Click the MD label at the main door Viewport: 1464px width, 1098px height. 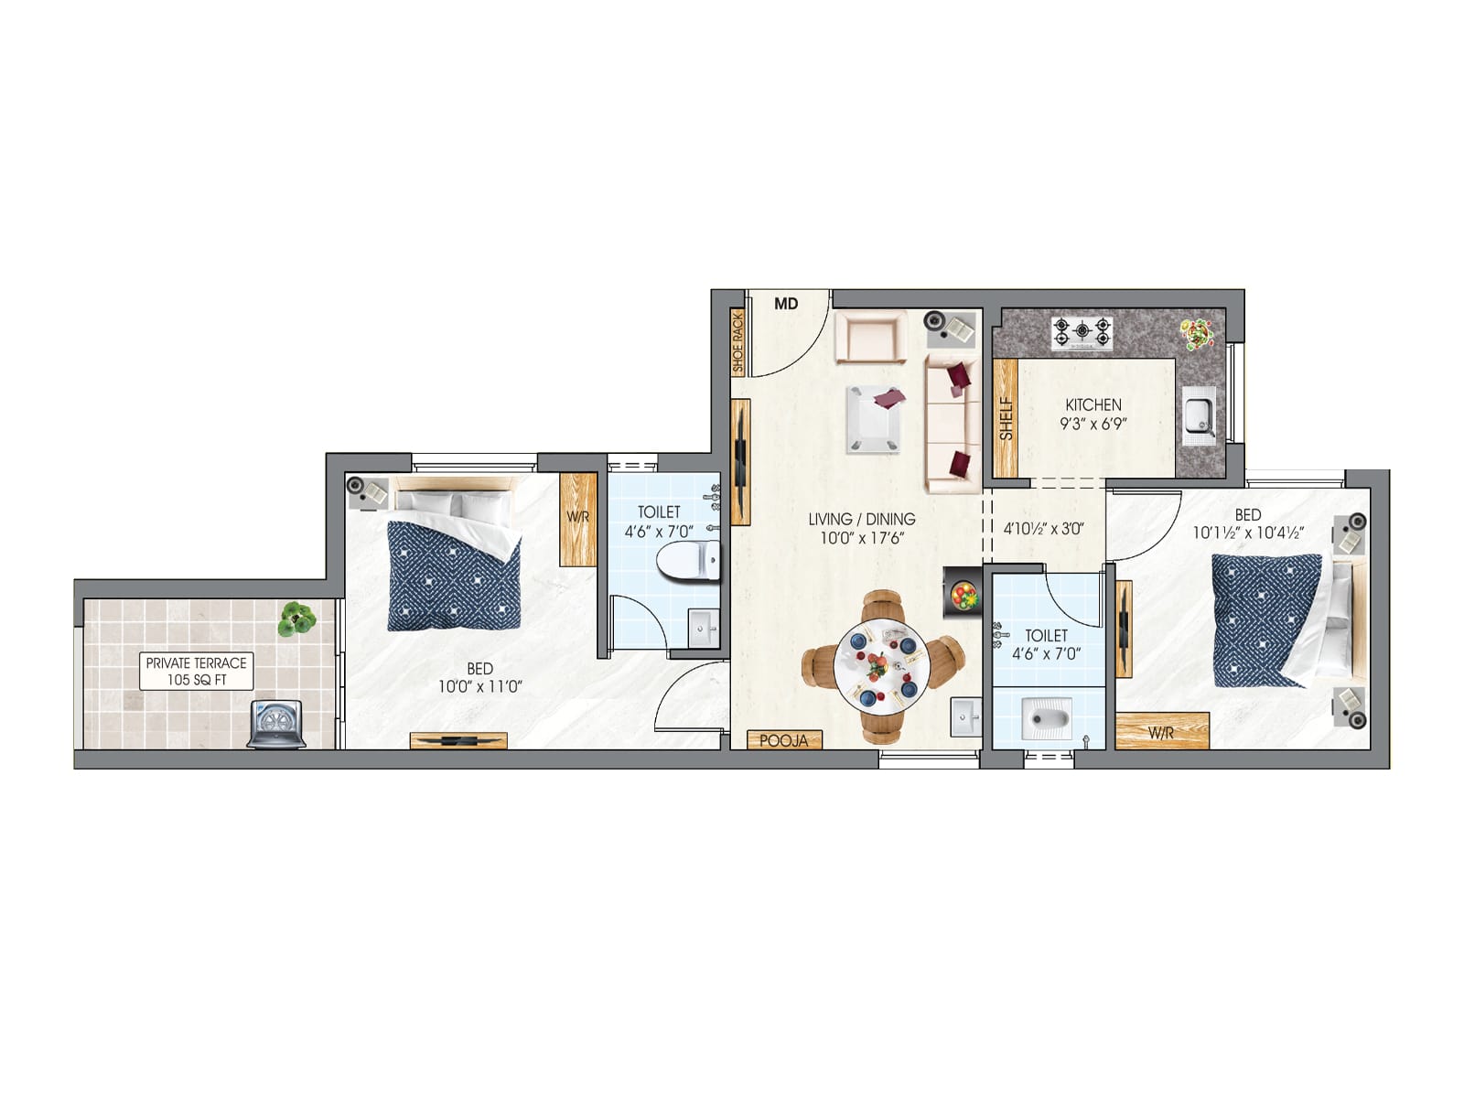tap(786, 304)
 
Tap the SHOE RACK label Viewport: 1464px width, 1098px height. tap(738, 343)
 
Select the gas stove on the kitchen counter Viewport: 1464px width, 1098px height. tap(1082, 333)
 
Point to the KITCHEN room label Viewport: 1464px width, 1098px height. tap(1093, 404)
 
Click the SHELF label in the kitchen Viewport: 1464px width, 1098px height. tap(1006, 418)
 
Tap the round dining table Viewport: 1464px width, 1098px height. tap(881, 667)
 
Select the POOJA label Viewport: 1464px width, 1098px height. tap(784, 740)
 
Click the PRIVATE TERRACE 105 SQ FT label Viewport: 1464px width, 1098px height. tap(196, 671)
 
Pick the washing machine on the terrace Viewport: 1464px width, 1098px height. tap(276, 725)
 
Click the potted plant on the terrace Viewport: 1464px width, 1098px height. tap(296, 619)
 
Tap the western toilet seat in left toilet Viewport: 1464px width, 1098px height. tap(688, 561)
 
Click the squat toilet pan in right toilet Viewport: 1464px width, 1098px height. tap(1048, 718)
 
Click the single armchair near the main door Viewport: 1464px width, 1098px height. tap(870, 338)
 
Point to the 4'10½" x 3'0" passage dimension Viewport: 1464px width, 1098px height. tap(1043, 529)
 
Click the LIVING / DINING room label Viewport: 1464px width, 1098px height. tap(861, 519)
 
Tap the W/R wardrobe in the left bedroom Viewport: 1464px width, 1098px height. tap(577, 518)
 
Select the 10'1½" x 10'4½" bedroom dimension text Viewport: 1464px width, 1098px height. tap(1247, 533)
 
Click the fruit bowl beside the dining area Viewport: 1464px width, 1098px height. tap(963, 593)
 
